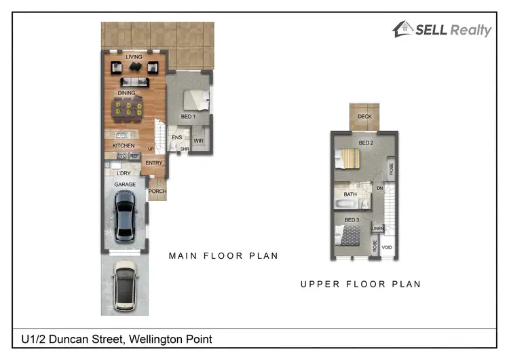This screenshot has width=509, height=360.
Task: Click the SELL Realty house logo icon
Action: pos(403,29)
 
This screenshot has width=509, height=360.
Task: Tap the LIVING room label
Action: pos(134,57)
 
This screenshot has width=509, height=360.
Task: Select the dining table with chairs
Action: pos(128,107)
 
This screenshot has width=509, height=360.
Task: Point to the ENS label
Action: pos(176,137)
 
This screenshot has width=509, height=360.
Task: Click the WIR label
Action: pos(199,141)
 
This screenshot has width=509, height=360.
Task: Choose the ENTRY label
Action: pos(154,162)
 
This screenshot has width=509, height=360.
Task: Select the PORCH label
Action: pos(157,192)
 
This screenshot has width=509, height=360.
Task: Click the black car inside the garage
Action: pos(126,216)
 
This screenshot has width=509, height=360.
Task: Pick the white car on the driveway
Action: pos(126,285)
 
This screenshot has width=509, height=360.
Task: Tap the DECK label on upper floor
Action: pos(365,117)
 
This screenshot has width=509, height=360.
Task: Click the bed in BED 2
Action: pos(347,159)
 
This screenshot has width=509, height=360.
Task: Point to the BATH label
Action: pos(350,194)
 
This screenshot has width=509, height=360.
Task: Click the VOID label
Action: pos(387,248)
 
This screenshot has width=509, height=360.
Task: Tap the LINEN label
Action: pos(378,228)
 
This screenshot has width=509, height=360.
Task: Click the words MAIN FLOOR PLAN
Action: pos(223,256)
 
